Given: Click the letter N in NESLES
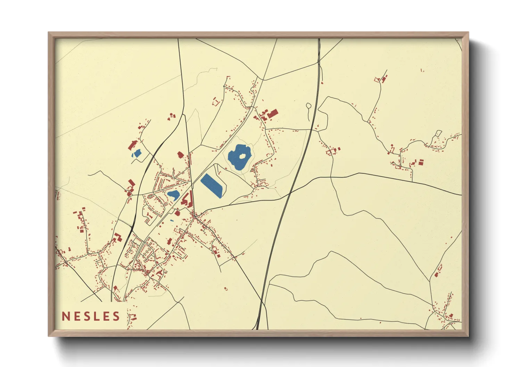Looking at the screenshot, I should point(66,316).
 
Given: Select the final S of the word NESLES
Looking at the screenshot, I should point(116,316).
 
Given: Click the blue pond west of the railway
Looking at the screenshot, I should point(137,153).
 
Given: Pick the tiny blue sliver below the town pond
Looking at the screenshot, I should point(172,221).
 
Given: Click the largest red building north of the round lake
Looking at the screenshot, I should point(273,113).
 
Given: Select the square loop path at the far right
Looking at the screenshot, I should point(438,133).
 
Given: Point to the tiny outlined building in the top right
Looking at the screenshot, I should point(422,70).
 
